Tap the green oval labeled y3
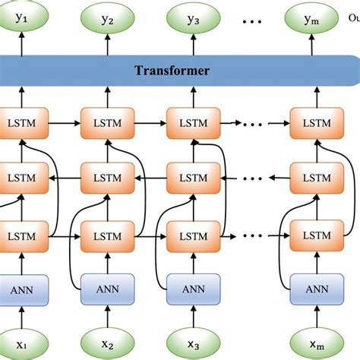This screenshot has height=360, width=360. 192,21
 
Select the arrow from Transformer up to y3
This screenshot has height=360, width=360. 192,46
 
